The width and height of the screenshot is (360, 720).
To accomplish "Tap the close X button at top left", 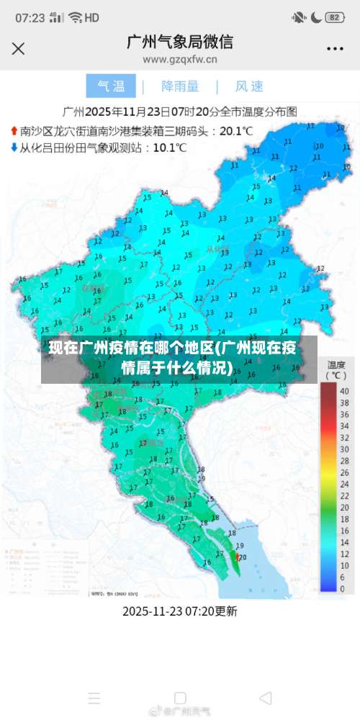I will coord(19,48).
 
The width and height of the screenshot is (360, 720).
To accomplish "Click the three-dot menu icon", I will coord(335,49).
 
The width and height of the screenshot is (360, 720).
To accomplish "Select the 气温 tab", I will coord(111,86).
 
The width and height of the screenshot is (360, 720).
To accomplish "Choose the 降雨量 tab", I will coord(180,86).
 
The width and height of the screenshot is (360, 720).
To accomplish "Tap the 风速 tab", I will coord(250,86).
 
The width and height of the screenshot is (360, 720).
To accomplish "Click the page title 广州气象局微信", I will coord(180,42).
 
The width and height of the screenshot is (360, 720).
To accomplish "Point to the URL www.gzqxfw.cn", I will coord(180,60).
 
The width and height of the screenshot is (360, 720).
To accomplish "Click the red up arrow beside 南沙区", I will coord(13,132).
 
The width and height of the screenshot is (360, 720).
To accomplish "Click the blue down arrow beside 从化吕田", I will coord(13,148).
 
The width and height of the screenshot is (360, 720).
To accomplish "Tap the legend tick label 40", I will coord(344,391).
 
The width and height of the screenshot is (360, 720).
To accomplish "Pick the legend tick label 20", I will coord(344,490).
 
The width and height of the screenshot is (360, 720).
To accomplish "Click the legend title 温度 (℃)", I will coord(336,369).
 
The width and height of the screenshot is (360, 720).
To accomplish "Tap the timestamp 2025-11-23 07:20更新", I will coord(180,611).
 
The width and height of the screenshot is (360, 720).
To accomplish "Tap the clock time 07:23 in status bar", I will coord(30,17).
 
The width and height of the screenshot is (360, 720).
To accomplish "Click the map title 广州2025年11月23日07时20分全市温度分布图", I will coord(180,112).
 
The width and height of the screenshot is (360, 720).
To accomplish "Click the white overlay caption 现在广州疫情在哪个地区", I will coord(173,359).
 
